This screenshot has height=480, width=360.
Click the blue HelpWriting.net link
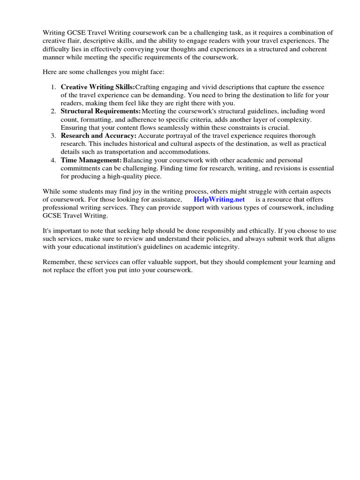pyautogui.click(x=219, y=200)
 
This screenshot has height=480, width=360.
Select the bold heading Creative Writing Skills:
pyautogui.click(x=97, y=87)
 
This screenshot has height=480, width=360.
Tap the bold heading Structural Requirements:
pyautogui.click(x=100, y=112)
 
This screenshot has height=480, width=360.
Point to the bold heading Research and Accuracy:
pyautogui.click(x=98, y=136)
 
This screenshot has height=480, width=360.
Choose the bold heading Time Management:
pyautogui.click(x=91, y=160)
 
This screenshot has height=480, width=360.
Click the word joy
pyautogui.click(x=135, y=192)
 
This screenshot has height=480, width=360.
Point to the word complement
pyautogui.click(x=260, y=262)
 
